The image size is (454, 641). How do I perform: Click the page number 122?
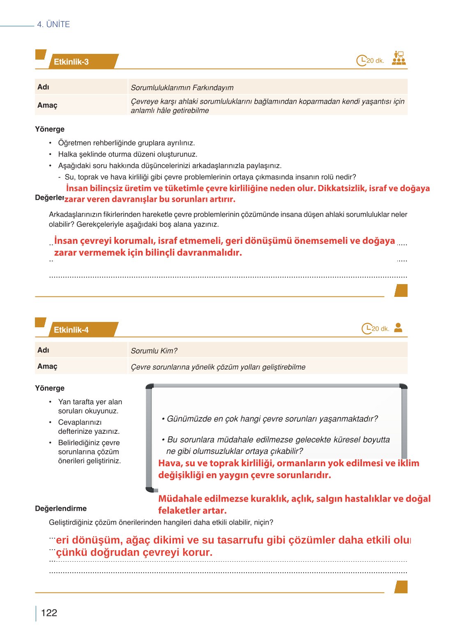click(x=49, y=613)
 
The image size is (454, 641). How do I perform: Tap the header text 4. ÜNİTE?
click(x=53, y=24)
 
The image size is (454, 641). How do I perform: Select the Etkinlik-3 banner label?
click(x=71, y=62)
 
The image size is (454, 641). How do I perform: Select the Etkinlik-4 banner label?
click(x=71, y=330)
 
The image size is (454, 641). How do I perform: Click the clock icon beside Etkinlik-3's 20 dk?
click(x=361, y=60)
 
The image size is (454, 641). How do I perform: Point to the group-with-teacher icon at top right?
click(x=399, y=58)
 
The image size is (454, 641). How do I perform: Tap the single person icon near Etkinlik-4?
click(x=398, y=328)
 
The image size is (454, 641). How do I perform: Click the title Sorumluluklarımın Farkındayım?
click(x=182, y=88)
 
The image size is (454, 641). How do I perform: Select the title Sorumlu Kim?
click(x=154, y=351)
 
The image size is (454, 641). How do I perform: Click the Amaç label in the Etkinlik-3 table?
click(x=47, y=105)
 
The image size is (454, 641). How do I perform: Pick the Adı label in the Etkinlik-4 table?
click(x=43, y=350)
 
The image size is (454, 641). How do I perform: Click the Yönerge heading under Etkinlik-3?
click(x=50, y=129)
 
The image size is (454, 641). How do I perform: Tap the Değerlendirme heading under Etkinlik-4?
click(x=61, y=509)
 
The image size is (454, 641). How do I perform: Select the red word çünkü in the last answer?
click(x=71, y=553)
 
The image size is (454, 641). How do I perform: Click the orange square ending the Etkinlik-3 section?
click(x=401, y=290)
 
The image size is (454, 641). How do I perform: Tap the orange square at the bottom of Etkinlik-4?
click(x=401, y=587)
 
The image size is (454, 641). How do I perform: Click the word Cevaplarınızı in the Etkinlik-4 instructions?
click(x=80, y=422)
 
